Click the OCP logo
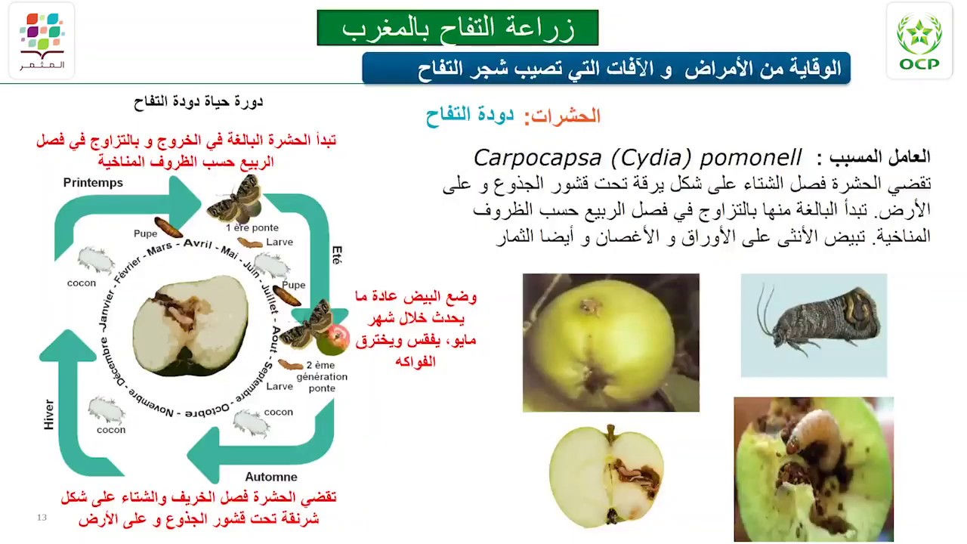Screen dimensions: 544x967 pos(919,42)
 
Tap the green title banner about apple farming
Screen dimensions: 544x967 pos(457,28)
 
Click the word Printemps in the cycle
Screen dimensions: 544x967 pos(93,183)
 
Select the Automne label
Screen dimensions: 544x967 pos(270,477)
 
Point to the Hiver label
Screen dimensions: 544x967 pos(49,415)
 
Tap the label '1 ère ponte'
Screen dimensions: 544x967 pos(252,227)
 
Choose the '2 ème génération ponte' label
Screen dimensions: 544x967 pos(322,376)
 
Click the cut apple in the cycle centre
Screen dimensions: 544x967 pos(190,326)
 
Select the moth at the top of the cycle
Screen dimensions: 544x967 pos(236,199)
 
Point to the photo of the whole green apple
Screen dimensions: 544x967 pos(610,342)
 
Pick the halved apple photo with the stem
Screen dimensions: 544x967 pos(606,475)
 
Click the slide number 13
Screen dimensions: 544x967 pos(42,518)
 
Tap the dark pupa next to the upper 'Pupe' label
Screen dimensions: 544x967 pos(168,227)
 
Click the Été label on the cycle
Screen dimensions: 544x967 pos(336,255)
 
